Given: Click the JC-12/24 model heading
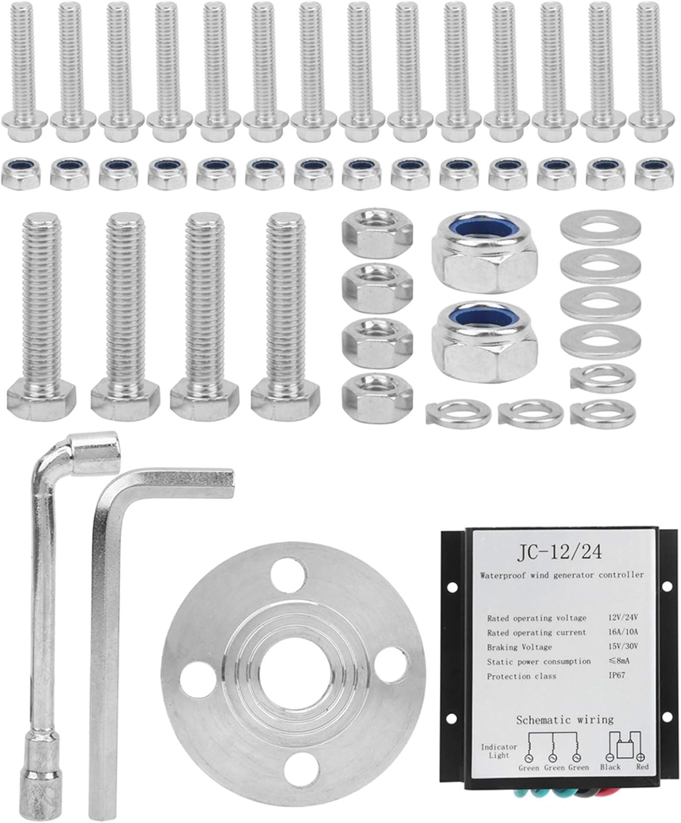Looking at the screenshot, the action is (560, 552).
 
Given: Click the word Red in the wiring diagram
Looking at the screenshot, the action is (643, 767).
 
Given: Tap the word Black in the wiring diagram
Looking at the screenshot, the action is (610, 767).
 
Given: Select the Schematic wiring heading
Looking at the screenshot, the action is (565, 720).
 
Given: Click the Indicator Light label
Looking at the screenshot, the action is (499, 751).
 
